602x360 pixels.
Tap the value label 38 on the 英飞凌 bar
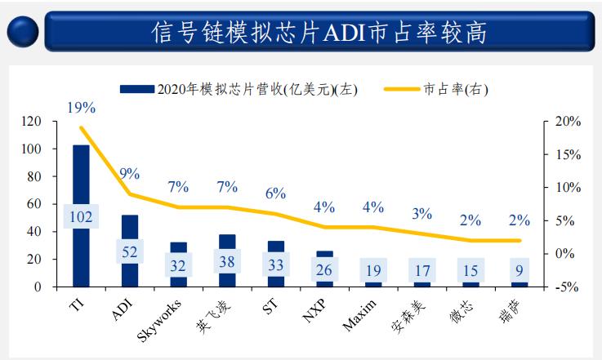[227, 262]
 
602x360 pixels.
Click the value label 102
[81, 216]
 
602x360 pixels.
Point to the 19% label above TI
[81, 107]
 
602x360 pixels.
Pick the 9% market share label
[129, 173]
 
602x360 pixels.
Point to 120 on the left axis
[30, 122]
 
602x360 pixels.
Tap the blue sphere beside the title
[25, 31]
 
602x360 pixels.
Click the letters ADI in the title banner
[351, 33]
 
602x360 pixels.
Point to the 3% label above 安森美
[421, 214]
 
